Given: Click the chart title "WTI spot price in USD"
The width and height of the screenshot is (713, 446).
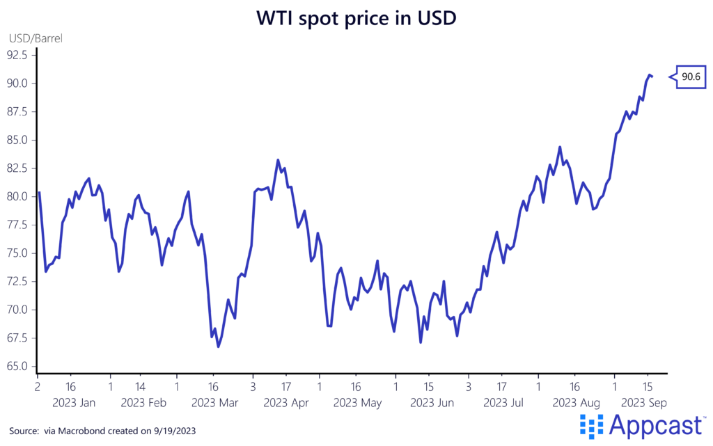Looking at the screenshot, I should tap(356, 18).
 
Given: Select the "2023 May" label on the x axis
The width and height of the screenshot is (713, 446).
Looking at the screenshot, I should tap(358, 403).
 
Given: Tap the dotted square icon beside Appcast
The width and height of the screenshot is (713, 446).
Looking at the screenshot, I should tap(591, 426).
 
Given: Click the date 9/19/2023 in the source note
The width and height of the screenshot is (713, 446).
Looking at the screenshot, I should tap(172, 431).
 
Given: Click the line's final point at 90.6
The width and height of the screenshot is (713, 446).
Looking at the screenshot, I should tap(651, 77).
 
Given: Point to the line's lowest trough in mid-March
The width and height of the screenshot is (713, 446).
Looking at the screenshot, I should tap(218, 347).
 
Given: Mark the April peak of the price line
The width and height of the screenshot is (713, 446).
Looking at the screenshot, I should tap(278, 160).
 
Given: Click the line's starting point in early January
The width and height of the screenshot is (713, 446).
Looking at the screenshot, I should tap(39, 192).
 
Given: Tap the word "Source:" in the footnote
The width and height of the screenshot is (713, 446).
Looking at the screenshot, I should tap(25, 431).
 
